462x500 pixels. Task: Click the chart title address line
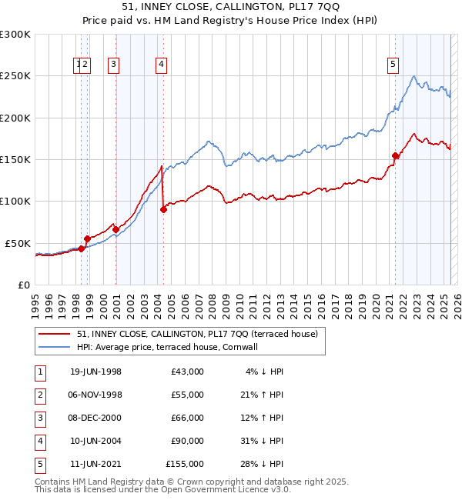[x=230, y=10]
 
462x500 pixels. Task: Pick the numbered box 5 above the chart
[x=393, y=65]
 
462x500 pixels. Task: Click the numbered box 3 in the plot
[x=113, y=65]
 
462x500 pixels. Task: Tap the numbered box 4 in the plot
[x=161, y=65]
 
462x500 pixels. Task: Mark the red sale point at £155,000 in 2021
[x=396, y=155]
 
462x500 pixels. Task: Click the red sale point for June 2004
[x=163, y=209]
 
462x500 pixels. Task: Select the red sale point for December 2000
[x=115, y=229]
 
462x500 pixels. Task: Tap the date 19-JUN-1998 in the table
[x=95, y=372]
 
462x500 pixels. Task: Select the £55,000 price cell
[x=185, y=395]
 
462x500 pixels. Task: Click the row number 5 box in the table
[x=39, y=464]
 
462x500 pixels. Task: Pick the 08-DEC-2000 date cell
[x=95, y=418]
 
